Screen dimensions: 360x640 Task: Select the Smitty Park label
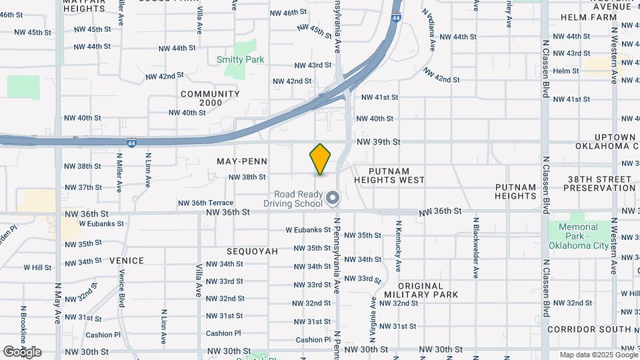click(x=240, y=59)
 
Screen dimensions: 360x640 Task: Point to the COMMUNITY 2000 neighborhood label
click(x=210, y=98)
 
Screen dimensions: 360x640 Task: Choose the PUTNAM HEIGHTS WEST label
click(x=389, y=175)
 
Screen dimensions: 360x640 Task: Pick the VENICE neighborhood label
click(x=127, y=261)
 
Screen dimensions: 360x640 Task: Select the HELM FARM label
click(x=589, y=17)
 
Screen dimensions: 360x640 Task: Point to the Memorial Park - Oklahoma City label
click(x=578, y=236)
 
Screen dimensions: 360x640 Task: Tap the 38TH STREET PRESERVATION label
click(x=599, y=183)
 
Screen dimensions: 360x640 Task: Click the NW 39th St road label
click(x=378, y=142)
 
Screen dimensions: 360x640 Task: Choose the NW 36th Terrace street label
click(x=205, y=203)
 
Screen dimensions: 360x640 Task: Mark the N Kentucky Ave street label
click(x=398, y=246)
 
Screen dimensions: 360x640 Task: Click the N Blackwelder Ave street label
click(x=475, y=247)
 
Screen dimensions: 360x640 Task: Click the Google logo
click(x=22, y=351)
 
